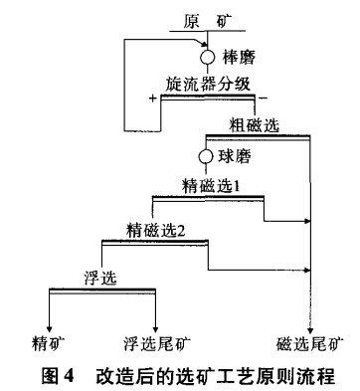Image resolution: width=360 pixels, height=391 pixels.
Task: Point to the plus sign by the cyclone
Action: click(x=152, y=98)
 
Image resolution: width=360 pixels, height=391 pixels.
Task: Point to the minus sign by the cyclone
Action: click(x=263, y=99)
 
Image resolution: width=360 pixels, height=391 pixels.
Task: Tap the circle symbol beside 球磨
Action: click(x=206, y=157)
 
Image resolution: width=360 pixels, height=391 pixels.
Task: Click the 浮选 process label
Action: click(x=100, y=276)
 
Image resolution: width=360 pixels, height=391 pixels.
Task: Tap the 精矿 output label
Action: click(x=50, y=345)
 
